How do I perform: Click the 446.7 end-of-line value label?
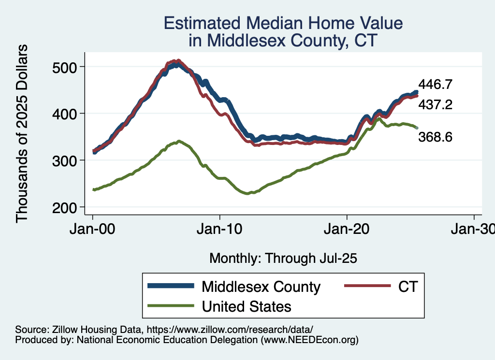(435, 85)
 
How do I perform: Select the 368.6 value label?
(435, 138)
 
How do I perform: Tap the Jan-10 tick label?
(220, 229)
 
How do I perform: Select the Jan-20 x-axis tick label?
(347, 229)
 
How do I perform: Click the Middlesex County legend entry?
(261, 287)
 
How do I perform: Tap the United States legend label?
(247, 306)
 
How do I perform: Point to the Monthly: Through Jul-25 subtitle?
(283, 259)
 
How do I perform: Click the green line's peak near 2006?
(179, 141)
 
